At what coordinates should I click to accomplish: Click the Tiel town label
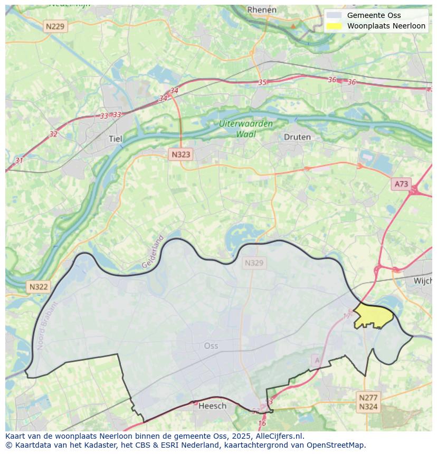[115, 139]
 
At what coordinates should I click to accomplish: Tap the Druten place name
[297, 137]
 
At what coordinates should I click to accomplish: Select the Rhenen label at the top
[262, 9]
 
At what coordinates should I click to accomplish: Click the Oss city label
[211, 346]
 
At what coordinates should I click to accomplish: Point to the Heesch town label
[212, 405]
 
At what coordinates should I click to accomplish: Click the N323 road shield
[180, 154]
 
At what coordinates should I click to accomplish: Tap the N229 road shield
[55, 26]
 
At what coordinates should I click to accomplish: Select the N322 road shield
[39, 287]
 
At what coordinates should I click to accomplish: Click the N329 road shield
[254, 263]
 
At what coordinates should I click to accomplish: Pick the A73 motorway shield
[401, 183]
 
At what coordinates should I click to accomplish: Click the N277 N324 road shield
[368, 402]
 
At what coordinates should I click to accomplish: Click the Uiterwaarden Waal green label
[246, 129]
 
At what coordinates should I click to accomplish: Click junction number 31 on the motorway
[19, 161]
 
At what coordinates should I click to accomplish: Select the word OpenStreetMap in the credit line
[336, 445]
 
